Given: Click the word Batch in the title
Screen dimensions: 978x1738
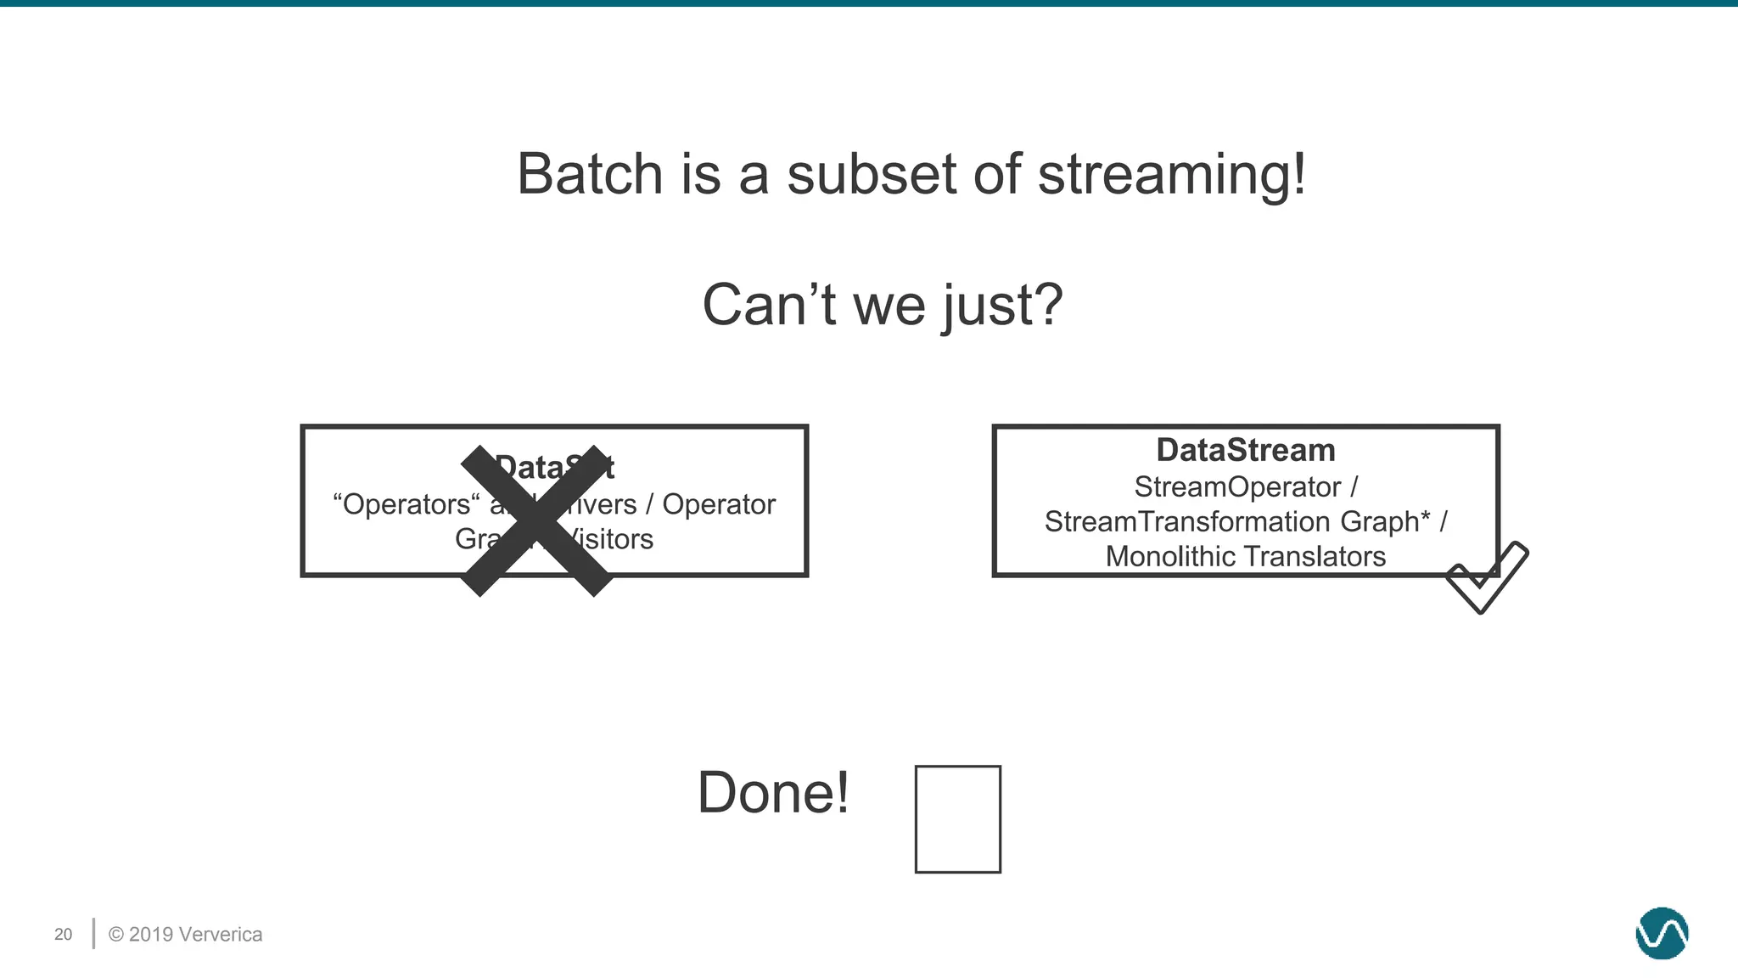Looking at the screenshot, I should pyautogui.click(x=589, y=175).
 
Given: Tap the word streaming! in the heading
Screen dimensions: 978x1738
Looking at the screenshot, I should pyautogui.click(x=1172, y=175).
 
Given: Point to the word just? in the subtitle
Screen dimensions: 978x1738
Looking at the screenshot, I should pyautogui.click(x=1002, y=306).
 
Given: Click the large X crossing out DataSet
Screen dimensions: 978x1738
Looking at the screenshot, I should pyautogui.click(x=536, y=520).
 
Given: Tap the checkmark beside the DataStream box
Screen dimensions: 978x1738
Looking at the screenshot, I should pyautogui.click(x=1487, y=577).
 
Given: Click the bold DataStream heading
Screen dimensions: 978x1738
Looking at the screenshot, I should pyautogui.click(x=1245, y=450).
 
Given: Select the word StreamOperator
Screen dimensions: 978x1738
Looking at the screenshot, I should pyautogui.click(x=1237, y=487).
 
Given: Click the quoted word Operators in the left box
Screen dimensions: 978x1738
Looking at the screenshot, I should pyautogui.click(x=406, y=504).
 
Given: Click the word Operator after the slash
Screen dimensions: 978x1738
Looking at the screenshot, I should pyautogui.click(x=718, y=504).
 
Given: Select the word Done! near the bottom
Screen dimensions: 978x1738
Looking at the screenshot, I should pyautogui.click(x=772, y=793).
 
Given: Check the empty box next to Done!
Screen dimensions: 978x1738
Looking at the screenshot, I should pyautogui.click(x=957, y=819).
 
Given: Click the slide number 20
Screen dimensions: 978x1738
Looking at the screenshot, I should pyautogui.click(x=63, y=935).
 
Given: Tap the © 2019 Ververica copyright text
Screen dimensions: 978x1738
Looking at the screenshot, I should pyautogui.click(x=185, y=935).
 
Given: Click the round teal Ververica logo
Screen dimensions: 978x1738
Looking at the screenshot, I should pyautogui.click(x=1661, y=933).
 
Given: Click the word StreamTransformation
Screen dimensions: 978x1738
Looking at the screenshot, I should pyautogui.click(x=1188, y=521).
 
